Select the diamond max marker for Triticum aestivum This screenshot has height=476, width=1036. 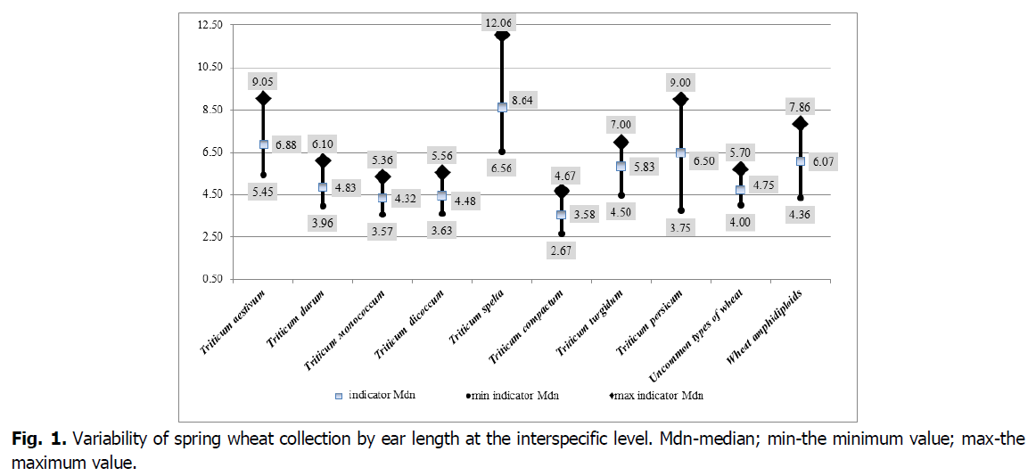[x=264, y=99]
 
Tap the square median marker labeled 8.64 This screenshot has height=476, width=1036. [x=502, y=107]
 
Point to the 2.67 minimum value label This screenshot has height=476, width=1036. [x=562, y=251]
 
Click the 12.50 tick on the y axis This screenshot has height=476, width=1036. [x=210, y=24]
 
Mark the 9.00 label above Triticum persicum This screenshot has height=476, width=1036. [x=680, y=83]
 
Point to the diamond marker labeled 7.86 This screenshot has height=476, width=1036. [x=801, y=124]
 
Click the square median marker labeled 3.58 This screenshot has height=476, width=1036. [x=561, y=215]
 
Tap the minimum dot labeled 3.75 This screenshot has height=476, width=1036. [x=680, y=210]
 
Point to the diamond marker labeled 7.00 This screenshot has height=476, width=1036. [x=621, y=142]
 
